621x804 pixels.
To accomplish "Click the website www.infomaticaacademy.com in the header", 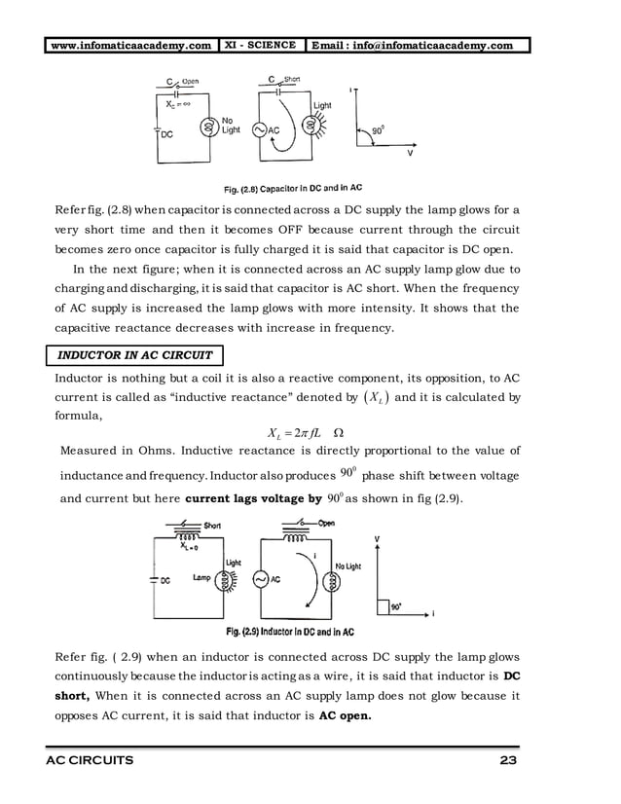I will point(132,45).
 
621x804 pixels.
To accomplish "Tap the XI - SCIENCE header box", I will point(260,45).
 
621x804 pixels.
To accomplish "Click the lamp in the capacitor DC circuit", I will point(206,127).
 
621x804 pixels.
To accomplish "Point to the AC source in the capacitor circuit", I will point(260,129).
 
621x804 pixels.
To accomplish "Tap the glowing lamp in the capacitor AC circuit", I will point(310,127).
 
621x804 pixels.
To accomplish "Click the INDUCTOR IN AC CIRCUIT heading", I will point(137,355).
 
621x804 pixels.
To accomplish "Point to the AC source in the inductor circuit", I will point(261,579).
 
